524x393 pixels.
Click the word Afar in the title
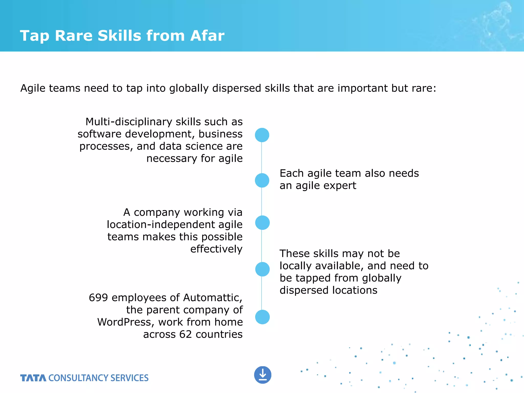(x=207, y=36)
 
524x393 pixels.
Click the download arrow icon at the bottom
(x=263, y=375)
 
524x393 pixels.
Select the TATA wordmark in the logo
(x=33, y=378)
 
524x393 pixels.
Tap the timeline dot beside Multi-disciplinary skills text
(x=262, y=135)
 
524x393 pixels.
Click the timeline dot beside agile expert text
(x=262, y=180)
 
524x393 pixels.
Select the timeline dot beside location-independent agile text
(x=262, y=223)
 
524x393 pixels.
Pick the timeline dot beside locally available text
(x=262, y=269)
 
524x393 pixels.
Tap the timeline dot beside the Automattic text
(x=262, y=317)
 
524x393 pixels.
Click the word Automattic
(x=212, y=298)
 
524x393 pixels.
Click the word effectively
(x=216, y=249)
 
